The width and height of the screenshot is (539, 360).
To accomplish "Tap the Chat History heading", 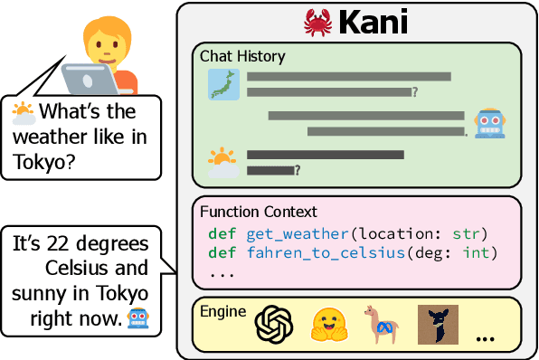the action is coord(242,56).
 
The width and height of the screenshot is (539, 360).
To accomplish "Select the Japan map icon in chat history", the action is coord(222,83).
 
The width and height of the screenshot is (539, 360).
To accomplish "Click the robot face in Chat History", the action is coord(488,122).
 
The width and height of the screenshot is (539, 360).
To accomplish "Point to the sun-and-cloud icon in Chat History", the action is coord(222,162).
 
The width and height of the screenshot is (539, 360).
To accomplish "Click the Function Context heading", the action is coord(258,213).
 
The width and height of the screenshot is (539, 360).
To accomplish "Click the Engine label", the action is coord(222,311).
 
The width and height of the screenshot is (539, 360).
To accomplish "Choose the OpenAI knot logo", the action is coord(274,324).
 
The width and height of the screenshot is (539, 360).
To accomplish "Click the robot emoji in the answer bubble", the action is coord(137,318).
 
